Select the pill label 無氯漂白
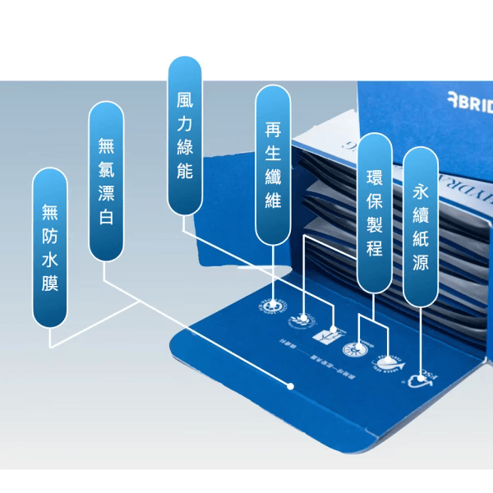tap(105, 181)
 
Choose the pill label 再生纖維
tap(274, 164)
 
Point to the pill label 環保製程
tap(374, 212)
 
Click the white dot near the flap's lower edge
tap(290, 385)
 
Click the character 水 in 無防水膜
tap(50, 260)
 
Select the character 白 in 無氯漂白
tap(105, 219)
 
